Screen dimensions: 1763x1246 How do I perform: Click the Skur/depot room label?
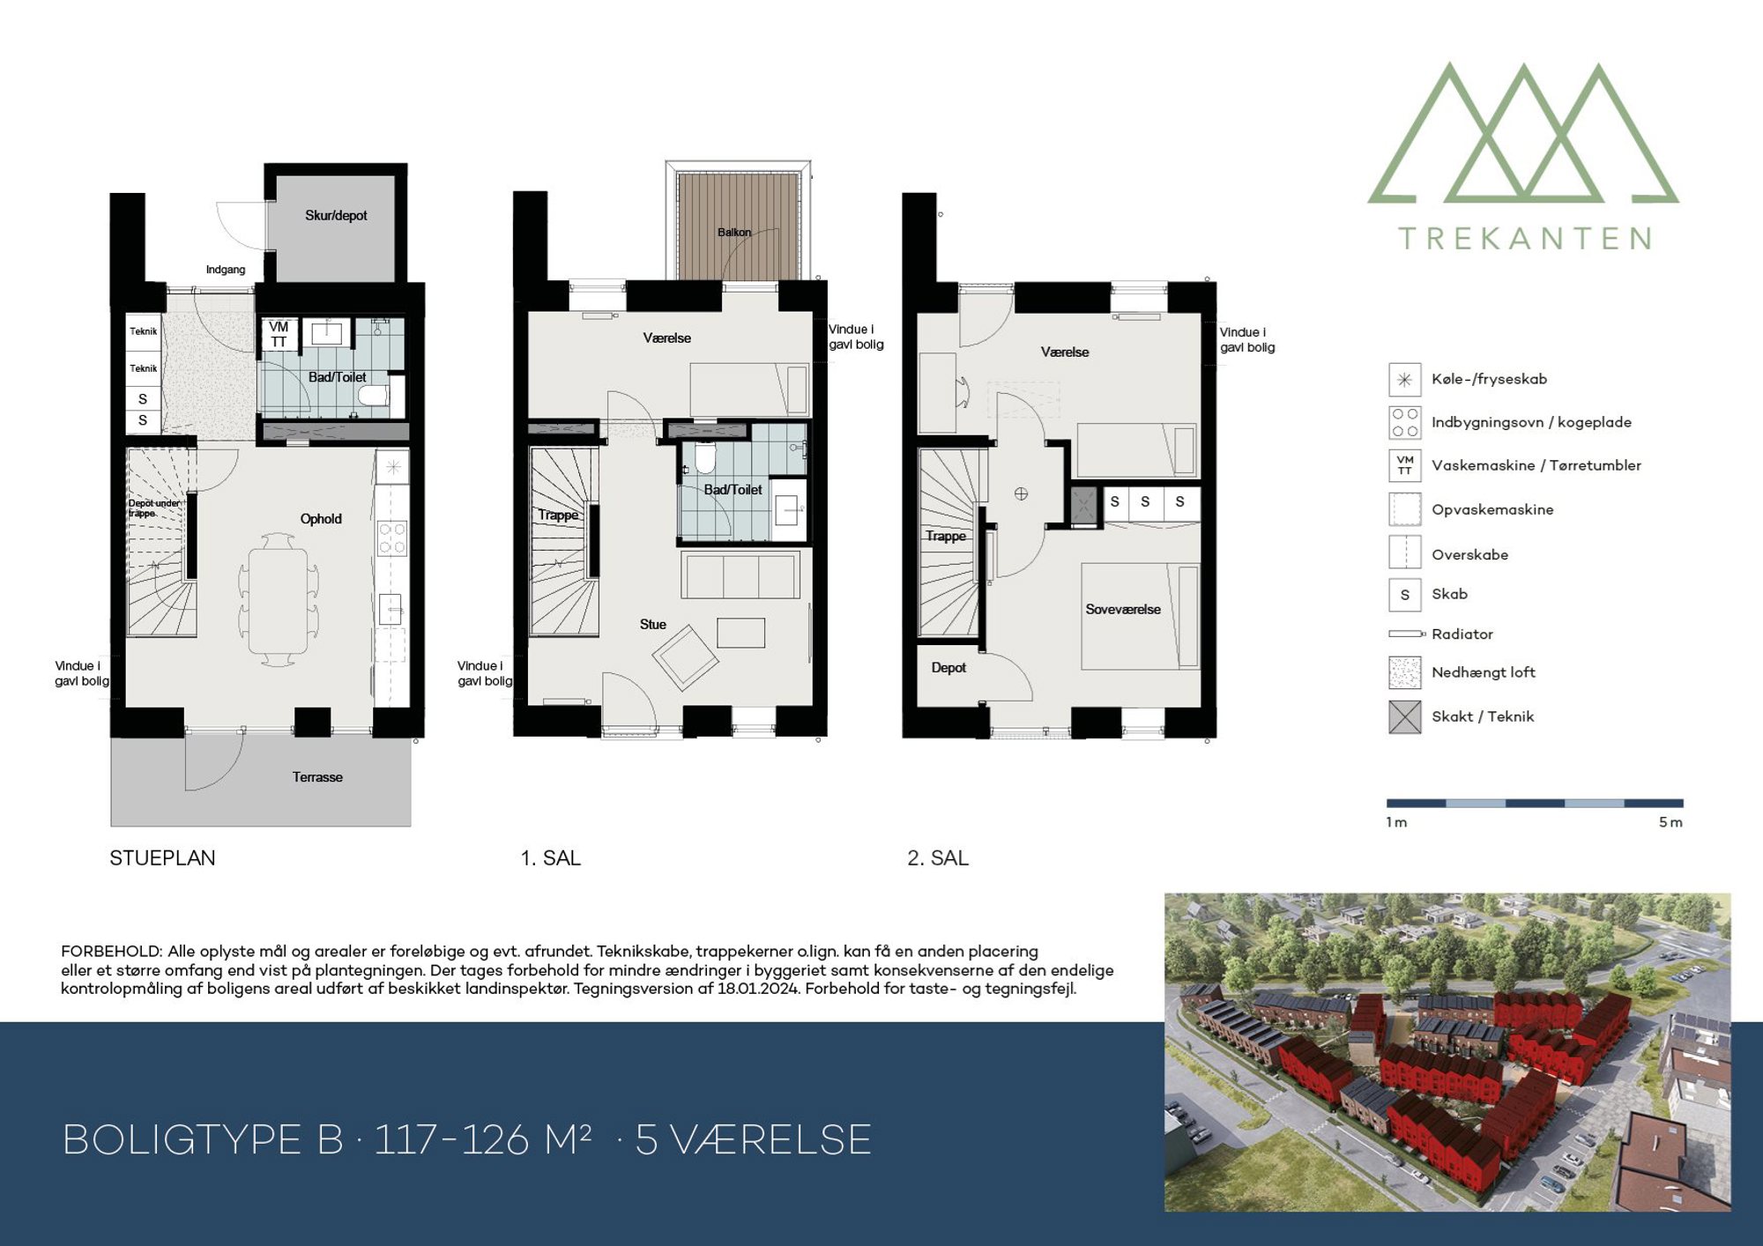point(336,215)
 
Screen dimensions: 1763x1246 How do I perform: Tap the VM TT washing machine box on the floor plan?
point(279,334)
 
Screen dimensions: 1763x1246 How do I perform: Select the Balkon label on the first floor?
point(734,233)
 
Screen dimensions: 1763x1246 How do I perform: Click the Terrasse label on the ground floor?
point(317,777)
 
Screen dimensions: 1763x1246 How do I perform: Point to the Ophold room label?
point(321,519)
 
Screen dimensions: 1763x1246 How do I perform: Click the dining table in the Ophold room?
point(278,601)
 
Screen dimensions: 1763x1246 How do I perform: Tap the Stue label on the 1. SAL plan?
point(653,624)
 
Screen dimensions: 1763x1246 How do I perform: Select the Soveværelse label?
point(1123,609)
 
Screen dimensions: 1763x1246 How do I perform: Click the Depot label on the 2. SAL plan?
point(948,668)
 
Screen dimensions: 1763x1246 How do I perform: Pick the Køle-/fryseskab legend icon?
point(1405,380)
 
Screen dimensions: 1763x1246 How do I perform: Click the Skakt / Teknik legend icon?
point(1405,717)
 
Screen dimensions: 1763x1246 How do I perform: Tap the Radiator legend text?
point(1462,634)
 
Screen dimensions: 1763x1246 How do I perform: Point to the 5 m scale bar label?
point(1670,822)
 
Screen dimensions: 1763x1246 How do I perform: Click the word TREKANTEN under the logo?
point(1525,239)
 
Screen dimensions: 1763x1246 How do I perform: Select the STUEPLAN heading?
point(162,858)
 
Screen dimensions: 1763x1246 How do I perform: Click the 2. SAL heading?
point(938,858)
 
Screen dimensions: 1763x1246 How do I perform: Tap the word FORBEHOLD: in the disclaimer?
point(112,952)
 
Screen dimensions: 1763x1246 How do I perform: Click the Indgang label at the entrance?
point(226,270)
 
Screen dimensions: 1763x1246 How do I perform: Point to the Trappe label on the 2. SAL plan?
point(946,536)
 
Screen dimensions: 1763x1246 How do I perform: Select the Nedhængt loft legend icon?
point(1405,672)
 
